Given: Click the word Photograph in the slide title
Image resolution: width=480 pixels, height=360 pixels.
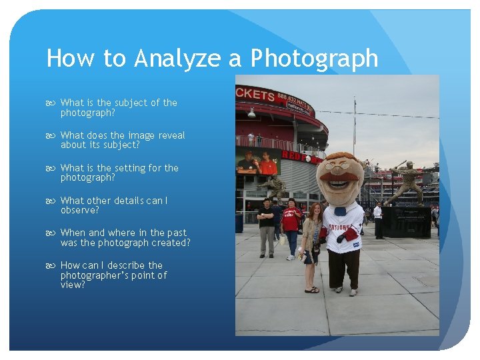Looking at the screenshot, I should [x=314, y=59].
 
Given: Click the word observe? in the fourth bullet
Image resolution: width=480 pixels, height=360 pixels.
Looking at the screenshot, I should [x=79, y=210].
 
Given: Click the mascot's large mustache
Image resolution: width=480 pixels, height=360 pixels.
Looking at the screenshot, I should [x=339, y=181].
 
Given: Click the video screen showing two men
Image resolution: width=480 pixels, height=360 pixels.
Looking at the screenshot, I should [x=258, y=161].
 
